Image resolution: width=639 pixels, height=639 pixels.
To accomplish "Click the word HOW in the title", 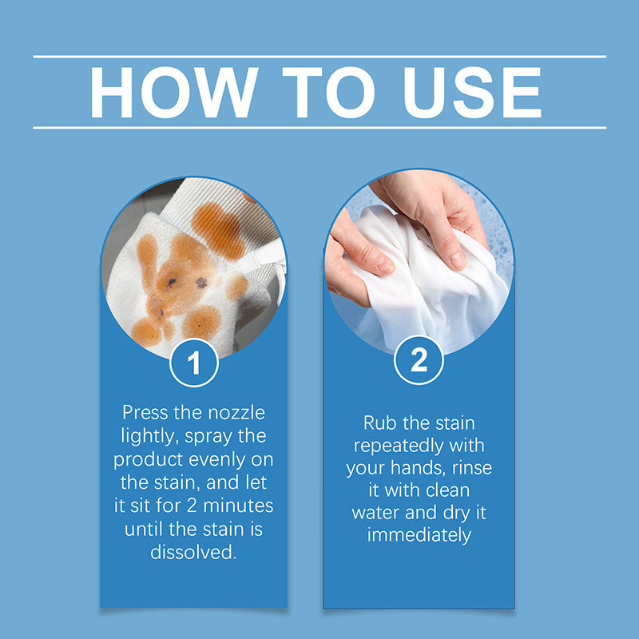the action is point(174,92).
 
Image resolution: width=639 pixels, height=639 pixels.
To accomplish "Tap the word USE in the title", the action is point(472,92).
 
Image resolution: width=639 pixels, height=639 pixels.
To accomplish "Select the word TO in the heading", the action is point(328,92).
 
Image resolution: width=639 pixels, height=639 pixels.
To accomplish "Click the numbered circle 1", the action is point(194,363).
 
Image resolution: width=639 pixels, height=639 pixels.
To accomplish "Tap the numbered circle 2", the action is point(419,360).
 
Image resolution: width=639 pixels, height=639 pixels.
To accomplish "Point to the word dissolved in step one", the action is point(193,552).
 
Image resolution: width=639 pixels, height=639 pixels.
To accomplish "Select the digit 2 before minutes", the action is point(192,506).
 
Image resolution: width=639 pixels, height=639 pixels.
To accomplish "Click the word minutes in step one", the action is point(238,506).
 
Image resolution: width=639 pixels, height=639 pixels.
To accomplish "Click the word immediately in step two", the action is point(419,535).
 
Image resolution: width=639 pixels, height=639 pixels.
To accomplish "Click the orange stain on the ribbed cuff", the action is point(218,230).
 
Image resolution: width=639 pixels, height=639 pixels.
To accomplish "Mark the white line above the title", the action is point(319,57).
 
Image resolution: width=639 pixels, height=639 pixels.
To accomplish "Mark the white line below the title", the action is point(319,128).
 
